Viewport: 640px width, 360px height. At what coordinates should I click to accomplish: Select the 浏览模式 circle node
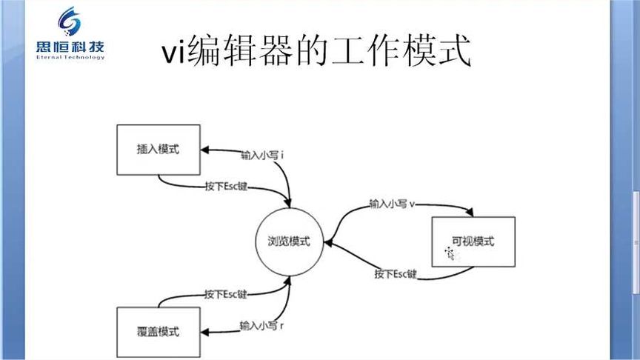pyautogui.click(x=289, y=241)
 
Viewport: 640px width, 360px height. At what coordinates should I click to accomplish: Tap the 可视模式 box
pyautogui.click(x=472, y=241)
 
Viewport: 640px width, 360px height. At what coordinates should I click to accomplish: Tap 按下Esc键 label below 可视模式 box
pyautogui.click(x=396, y=274)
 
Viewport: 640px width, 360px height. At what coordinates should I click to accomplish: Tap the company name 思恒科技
pyautogui.click(x=70, y=49)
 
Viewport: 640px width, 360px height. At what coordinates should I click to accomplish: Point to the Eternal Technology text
pyautogui.click(x=70, y=58)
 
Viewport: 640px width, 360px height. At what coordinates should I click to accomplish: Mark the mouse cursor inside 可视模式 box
pyautogui.click(x=449, y=253)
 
